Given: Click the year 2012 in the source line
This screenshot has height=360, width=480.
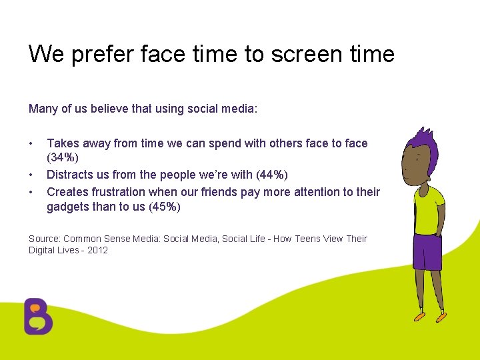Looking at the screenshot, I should tap(97, 250).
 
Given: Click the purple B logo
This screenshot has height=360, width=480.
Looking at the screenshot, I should tap(38, 316).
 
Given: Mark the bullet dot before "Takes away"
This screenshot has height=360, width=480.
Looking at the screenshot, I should tap(31, 143).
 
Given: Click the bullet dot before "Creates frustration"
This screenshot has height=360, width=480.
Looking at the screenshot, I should tap(31, 192).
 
